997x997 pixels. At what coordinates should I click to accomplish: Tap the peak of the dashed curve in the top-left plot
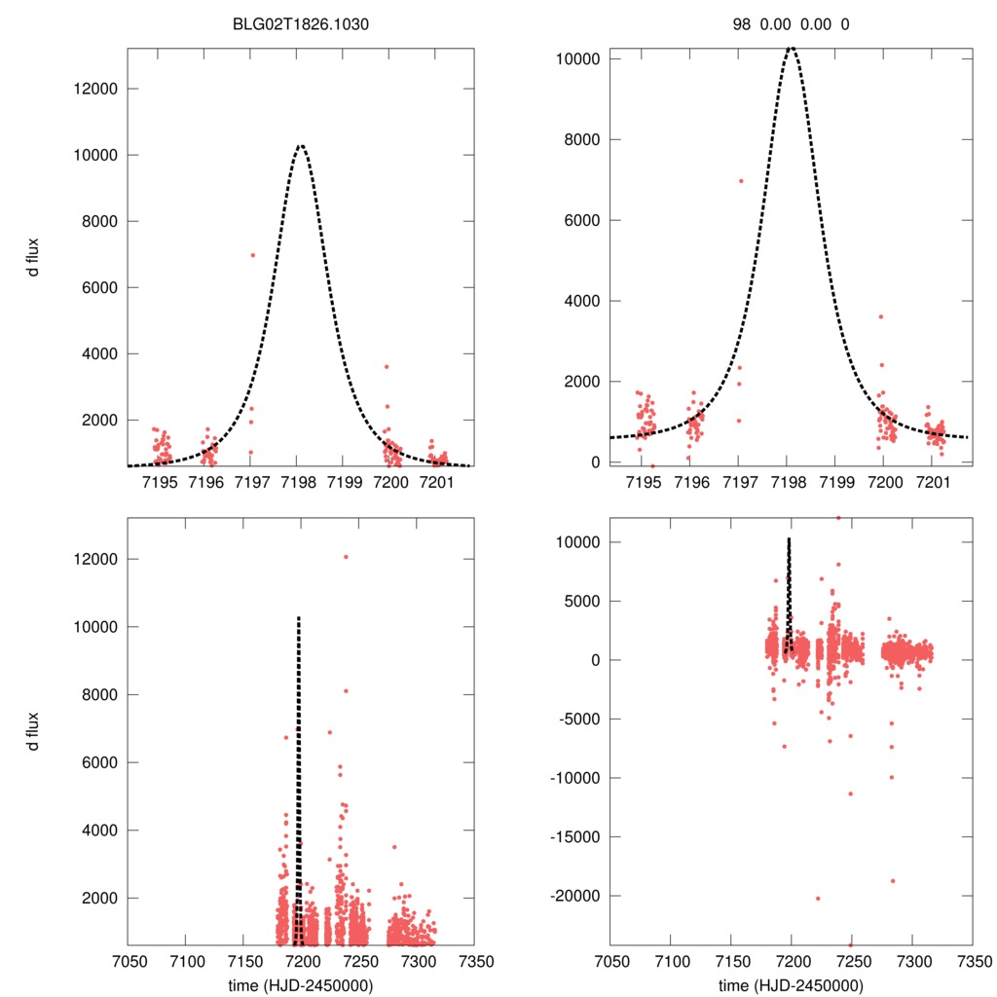301,146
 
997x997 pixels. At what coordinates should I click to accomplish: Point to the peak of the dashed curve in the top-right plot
791,47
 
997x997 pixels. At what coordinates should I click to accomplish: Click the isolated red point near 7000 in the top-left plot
252,255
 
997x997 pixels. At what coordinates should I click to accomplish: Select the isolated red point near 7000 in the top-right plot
741,180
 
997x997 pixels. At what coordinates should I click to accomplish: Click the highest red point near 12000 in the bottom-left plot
346,557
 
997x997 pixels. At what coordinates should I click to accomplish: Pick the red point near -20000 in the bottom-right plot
818,898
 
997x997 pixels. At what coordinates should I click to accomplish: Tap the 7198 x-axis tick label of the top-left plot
298,484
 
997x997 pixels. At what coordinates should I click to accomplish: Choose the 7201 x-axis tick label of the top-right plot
932,484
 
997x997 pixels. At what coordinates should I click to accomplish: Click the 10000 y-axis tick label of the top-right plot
575,59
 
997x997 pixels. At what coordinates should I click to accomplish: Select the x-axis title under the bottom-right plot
791,985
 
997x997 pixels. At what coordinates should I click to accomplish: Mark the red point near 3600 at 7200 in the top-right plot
880,316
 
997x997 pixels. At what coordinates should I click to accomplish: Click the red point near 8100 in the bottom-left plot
346,691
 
